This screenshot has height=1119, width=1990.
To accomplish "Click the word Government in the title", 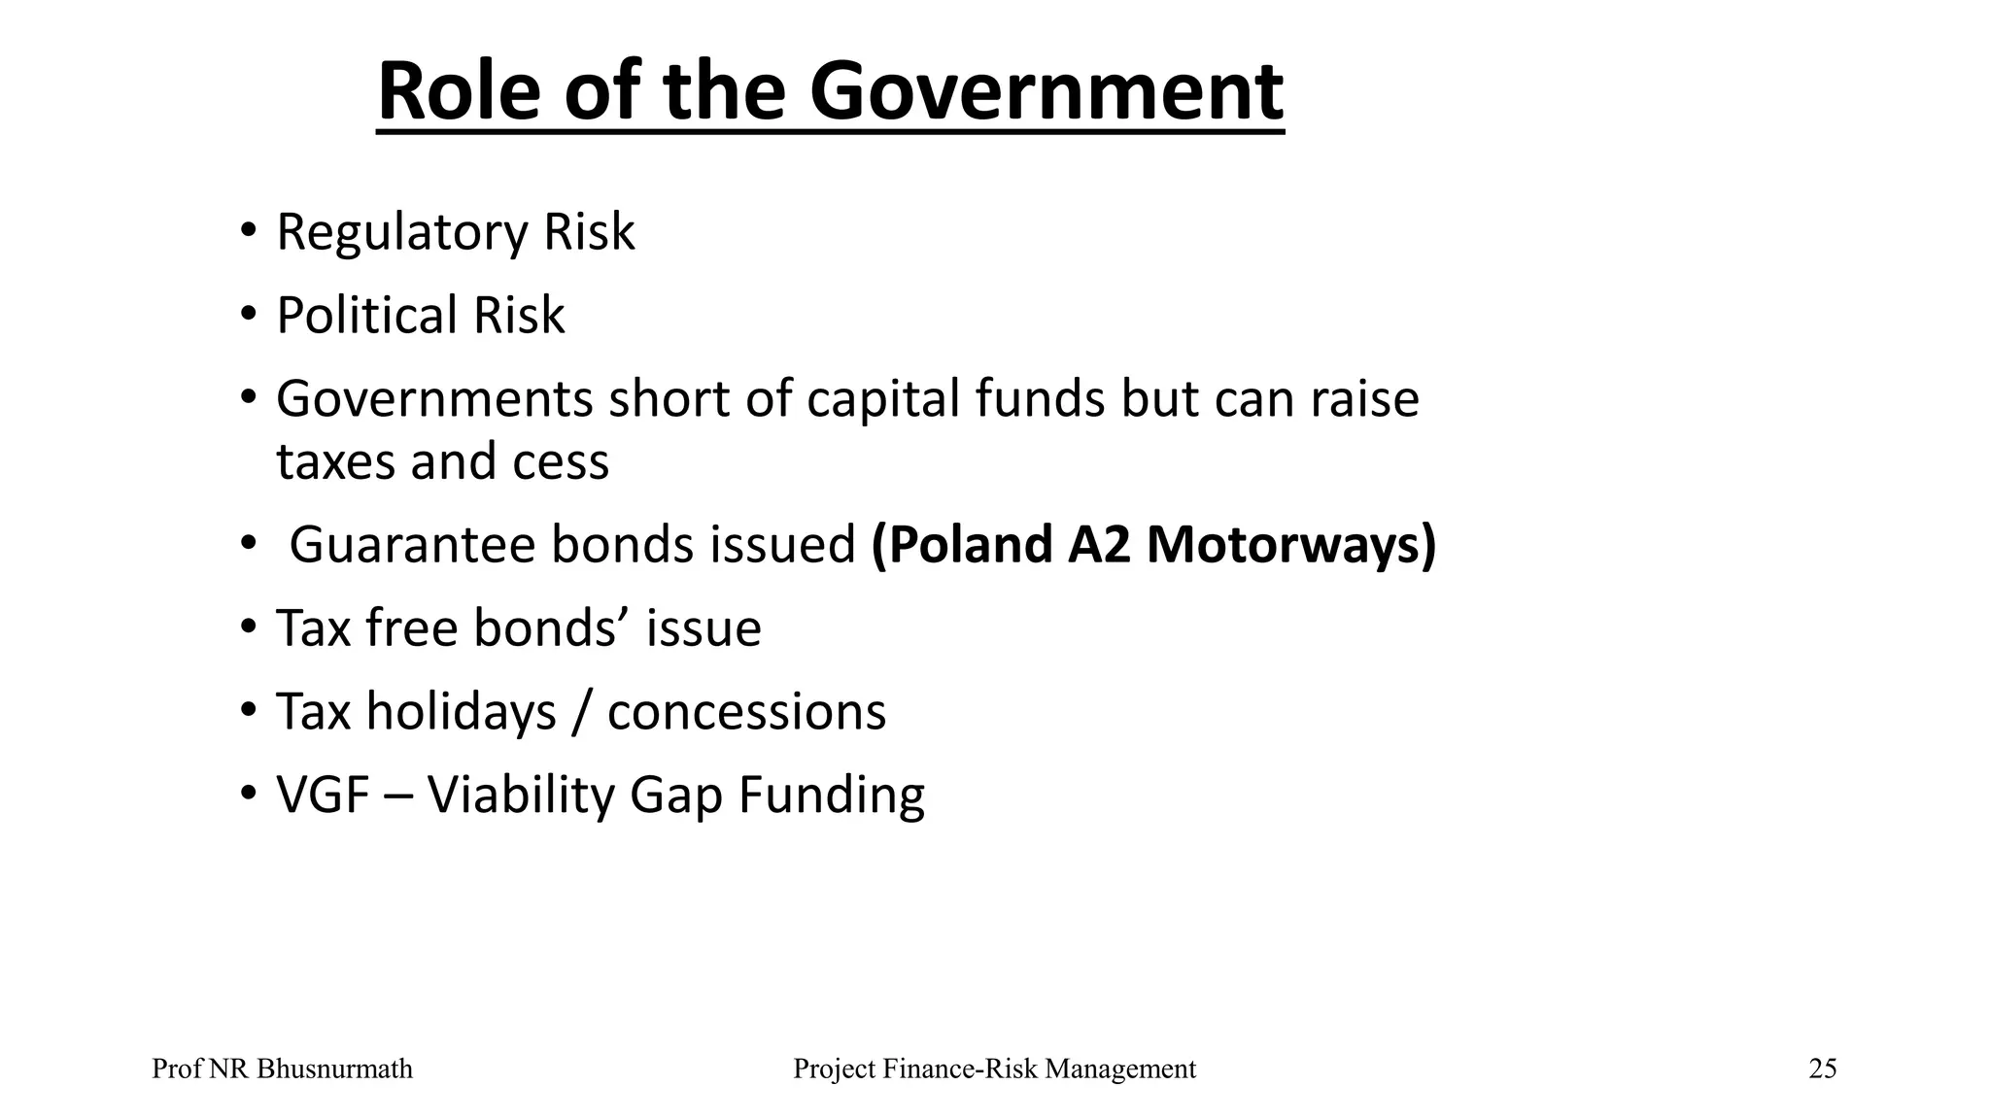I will [1046, 91].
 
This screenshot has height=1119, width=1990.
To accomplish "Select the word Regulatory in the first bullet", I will [400, 233].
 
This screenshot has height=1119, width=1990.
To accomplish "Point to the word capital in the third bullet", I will [882, 399].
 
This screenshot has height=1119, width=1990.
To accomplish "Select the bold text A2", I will [1099, 545].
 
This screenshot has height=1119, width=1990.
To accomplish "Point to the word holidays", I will [461, 712].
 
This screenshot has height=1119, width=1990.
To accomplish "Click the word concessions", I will [746, 712].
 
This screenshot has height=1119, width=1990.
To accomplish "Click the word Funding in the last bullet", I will [832, 796].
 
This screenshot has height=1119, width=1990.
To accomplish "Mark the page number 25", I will [1822, 1069].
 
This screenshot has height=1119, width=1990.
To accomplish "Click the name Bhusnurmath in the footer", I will [334, 1069].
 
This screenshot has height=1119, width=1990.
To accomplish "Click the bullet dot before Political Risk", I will [249, 316].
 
